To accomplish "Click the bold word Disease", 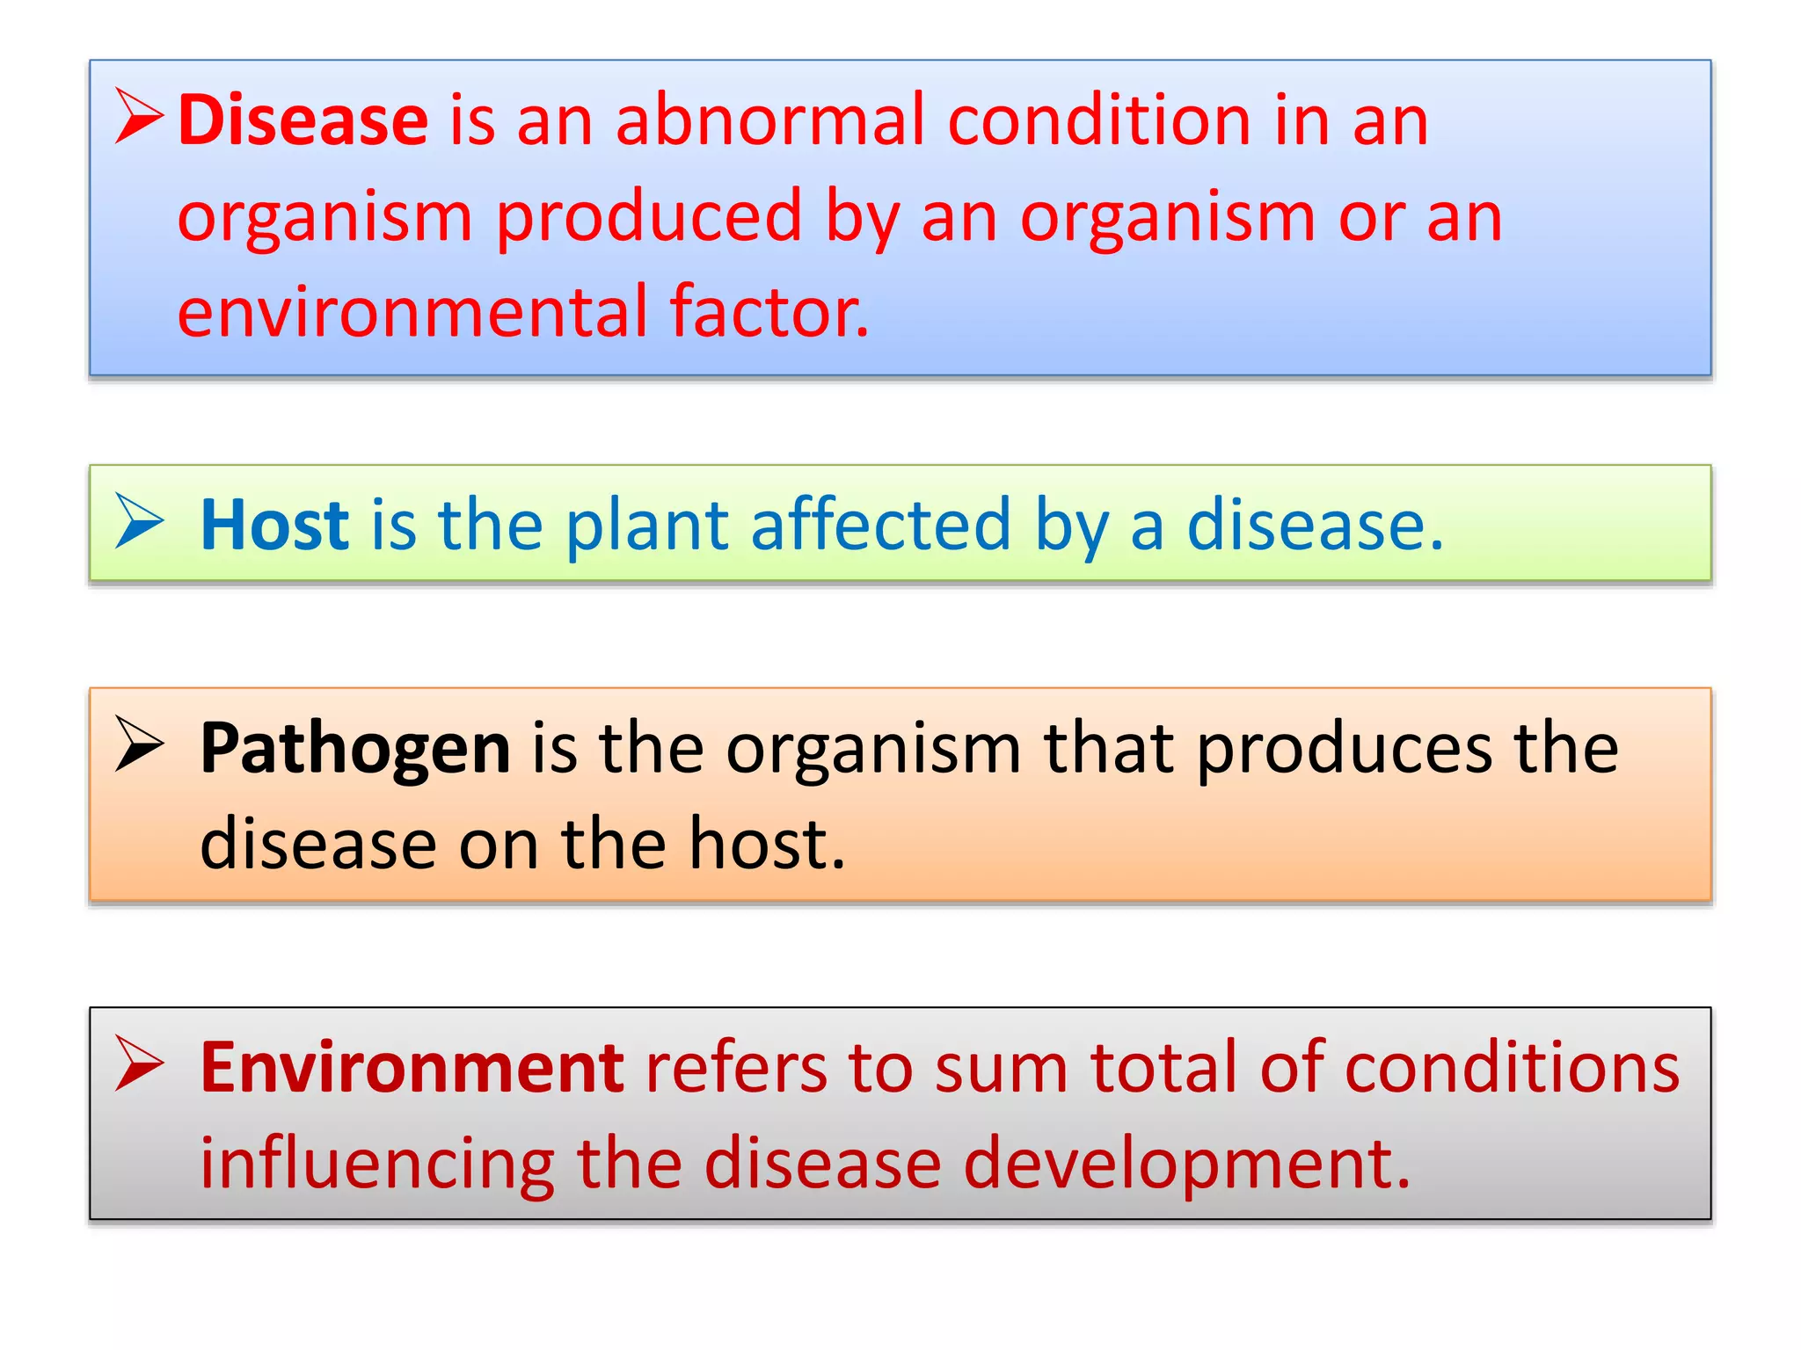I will tap(303, 120).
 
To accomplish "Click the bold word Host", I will tap(274, 525).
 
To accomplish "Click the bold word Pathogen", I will tap(354, 749).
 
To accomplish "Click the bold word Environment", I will tap(412, 1068).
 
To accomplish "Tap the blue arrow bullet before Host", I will tap(139, 520).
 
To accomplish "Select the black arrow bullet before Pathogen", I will tap(139, 744).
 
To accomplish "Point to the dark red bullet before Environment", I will tap(139, 1063).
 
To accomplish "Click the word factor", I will tap(769, 311).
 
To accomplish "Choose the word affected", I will tap(880, 525).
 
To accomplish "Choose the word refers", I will tap(736, 1068).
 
